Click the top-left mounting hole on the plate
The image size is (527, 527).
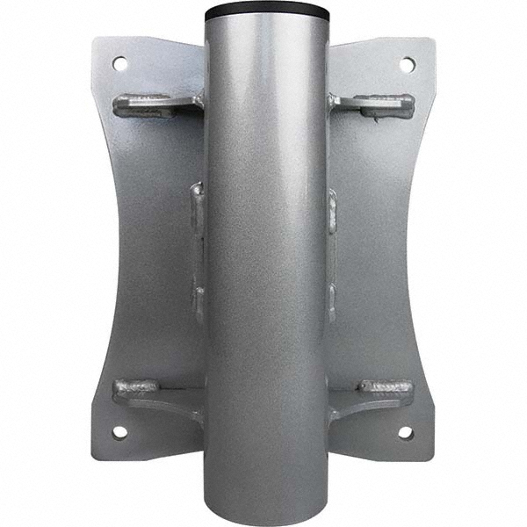[119, 63]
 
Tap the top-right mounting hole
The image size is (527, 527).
[408, 64]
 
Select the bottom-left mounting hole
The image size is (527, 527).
[119, 432]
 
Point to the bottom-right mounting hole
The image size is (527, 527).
[406, 432]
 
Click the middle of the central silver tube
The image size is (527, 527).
[267, 263]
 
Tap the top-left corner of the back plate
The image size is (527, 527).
[95, 40]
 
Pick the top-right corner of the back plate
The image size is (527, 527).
[432, 40]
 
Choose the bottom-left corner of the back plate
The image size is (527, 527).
[95, 457]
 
